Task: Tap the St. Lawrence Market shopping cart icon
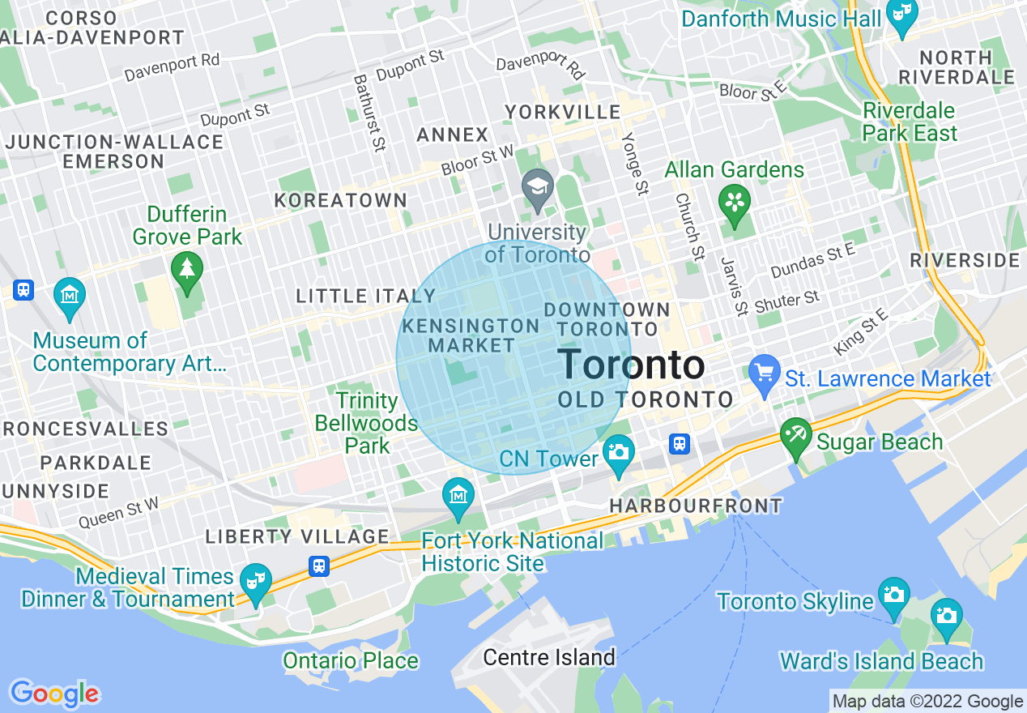764,372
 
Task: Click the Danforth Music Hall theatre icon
901,15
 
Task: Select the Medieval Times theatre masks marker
257,581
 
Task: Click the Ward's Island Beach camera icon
946,616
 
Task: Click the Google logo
54,694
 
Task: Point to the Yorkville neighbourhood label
562,112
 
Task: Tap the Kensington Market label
471,335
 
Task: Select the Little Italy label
366,297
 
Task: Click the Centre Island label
549,657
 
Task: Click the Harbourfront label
696,506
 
